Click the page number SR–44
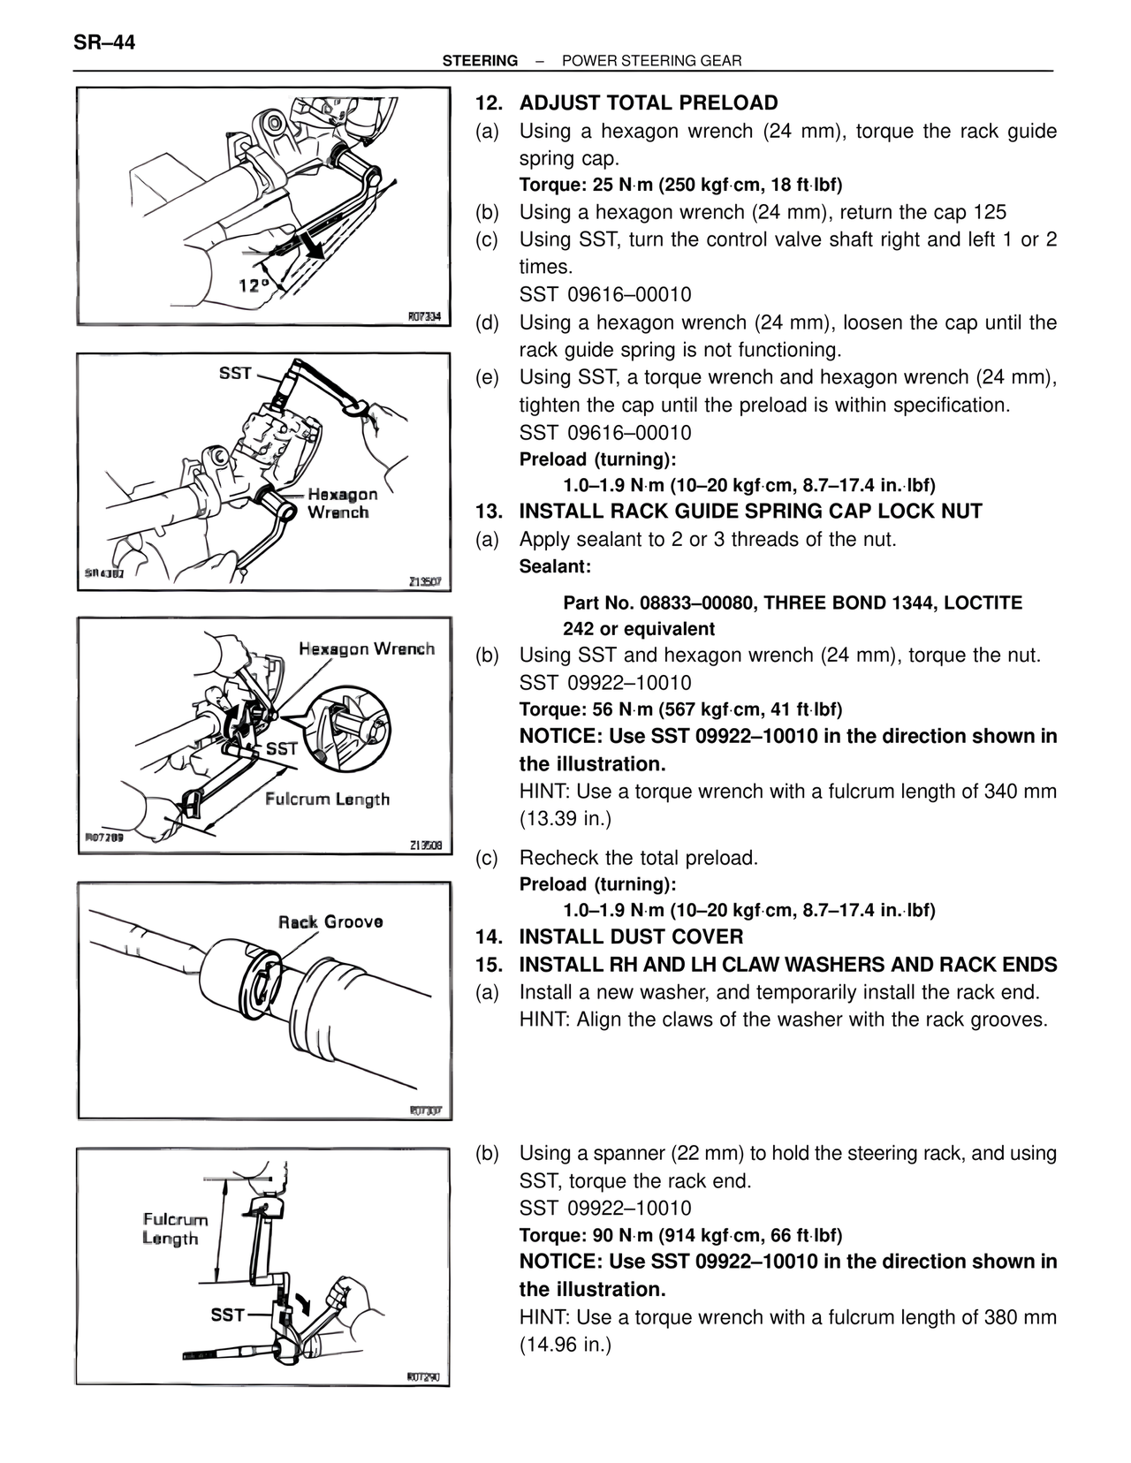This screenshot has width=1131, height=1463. pos(104,42)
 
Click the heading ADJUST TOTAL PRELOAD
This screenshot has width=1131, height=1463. pos(649,103)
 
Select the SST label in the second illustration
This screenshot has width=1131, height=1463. pos(235,373)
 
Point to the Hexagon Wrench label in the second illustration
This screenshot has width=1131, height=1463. pos(342,503)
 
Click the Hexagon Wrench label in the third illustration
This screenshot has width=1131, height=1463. pos(366,649)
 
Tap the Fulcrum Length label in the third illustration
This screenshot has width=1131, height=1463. pos(327,800)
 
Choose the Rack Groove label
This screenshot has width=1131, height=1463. pos(330,922)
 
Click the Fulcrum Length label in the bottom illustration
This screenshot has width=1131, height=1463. pos(176,1229)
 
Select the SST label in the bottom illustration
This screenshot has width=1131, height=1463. pos(227,1315)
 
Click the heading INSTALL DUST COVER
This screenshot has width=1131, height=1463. pos(631,937)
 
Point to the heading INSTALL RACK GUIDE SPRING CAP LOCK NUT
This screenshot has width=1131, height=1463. pos(750,512)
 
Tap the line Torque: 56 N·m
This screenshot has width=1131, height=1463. pos(680,709)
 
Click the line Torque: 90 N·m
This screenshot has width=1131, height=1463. pos(680,1235)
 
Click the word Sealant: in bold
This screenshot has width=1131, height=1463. pos(555,566)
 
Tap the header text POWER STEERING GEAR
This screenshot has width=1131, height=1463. pos(651,61)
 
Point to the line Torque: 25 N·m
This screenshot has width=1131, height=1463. pos(680,186)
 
